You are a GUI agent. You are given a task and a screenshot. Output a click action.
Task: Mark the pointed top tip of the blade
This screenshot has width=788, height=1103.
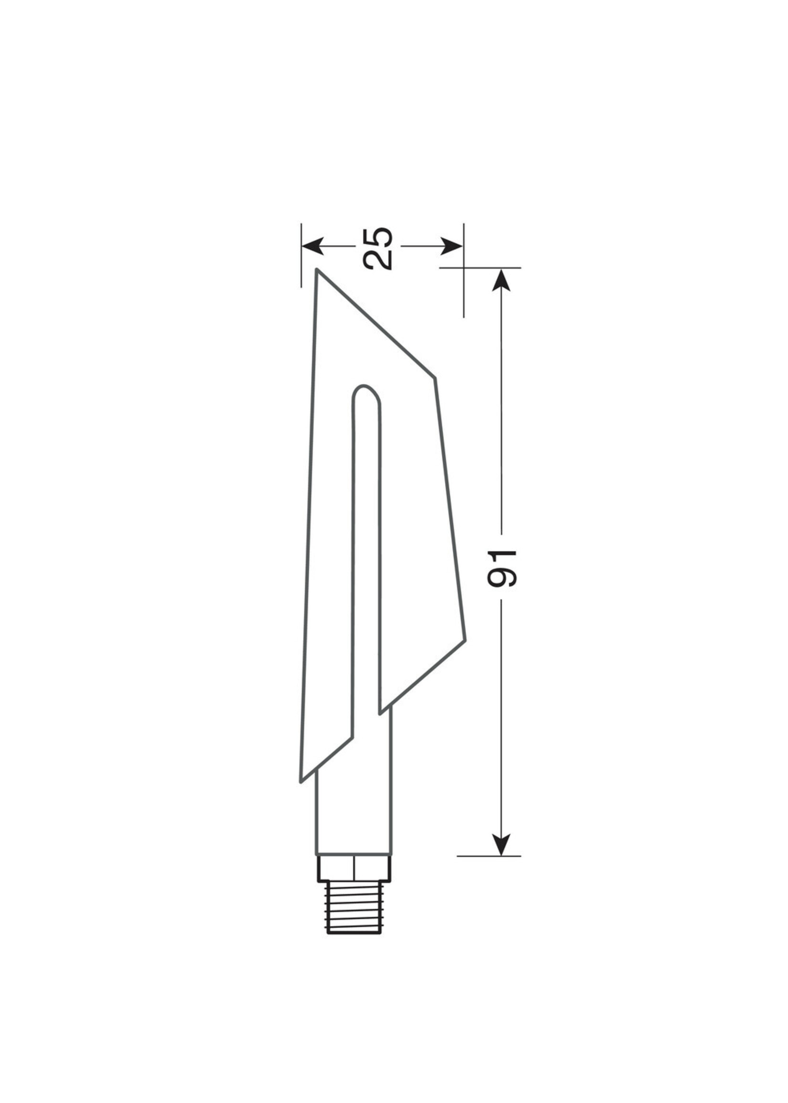click(317, 271)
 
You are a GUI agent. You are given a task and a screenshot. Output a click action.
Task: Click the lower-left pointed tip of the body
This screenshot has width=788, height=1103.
click(302, 781)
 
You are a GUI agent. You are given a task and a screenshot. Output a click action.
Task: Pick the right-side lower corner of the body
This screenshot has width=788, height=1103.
click(465, 641)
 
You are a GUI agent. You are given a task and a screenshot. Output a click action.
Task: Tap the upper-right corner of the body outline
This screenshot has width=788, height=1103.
click(434, 378)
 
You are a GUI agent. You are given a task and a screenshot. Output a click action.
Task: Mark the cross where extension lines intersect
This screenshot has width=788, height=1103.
click(464, 268)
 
